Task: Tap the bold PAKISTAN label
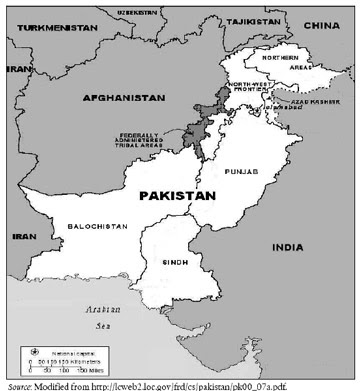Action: pos(177,196)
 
